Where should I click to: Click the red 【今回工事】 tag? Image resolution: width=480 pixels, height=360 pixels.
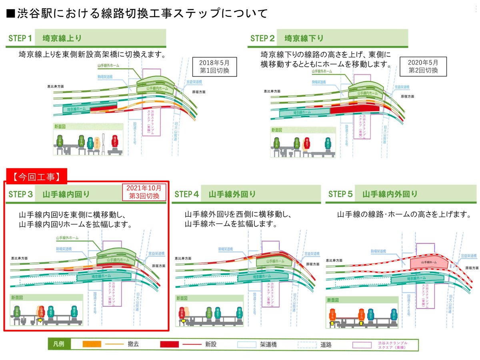click(x=36, y=175)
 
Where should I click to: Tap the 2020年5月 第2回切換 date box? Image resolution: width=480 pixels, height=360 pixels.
click(x=423, y=66)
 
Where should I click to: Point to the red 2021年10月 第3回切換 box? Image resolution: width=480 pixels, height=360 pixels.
click(x=144, y=192)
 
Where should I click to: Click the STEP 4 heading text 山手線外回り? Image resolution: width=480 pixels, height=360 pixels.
click(x=232, y=194)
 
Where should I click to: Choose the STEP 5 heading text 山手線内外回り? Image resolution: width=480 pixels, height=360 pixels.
click(x=390, y=194)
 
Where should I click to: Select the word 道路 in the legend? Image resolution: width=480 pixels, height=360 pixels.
click(x=326, y=344)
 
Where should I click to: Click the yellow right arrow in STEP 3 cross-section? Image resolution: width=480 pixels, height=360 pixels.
click(x=40, y=320)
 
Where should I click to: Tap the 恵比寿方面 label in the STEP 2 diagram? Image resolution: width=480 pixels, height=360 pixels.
click(x=272, y=91)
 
